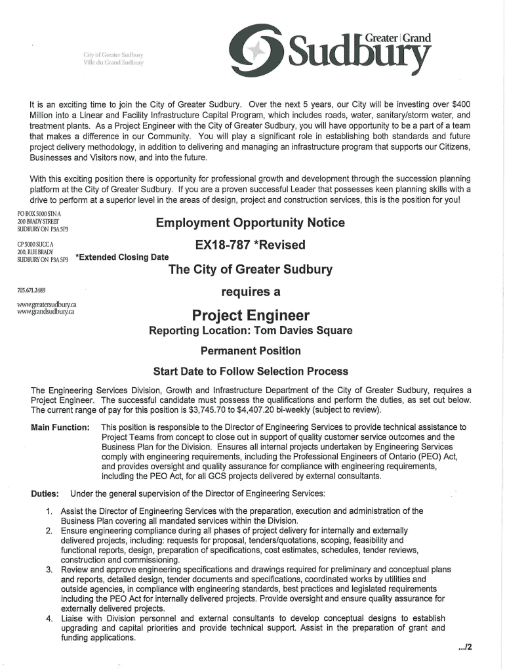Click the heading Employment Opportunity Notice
(250, 223)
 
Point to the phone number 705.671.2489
(31, 290)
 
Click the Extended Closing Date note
(122, 257)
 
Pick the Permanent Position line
(251, 350)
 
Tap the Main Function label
(60, 428)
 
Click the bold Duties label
(45, 493)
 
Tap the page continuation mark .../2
(465, 646)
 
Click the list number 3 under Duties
(49, 569)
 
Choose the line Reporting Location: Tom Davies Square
(251, 331)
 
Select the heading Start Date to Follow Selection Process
(251, 371)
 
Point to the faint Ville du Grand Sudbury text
(113, 63)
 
